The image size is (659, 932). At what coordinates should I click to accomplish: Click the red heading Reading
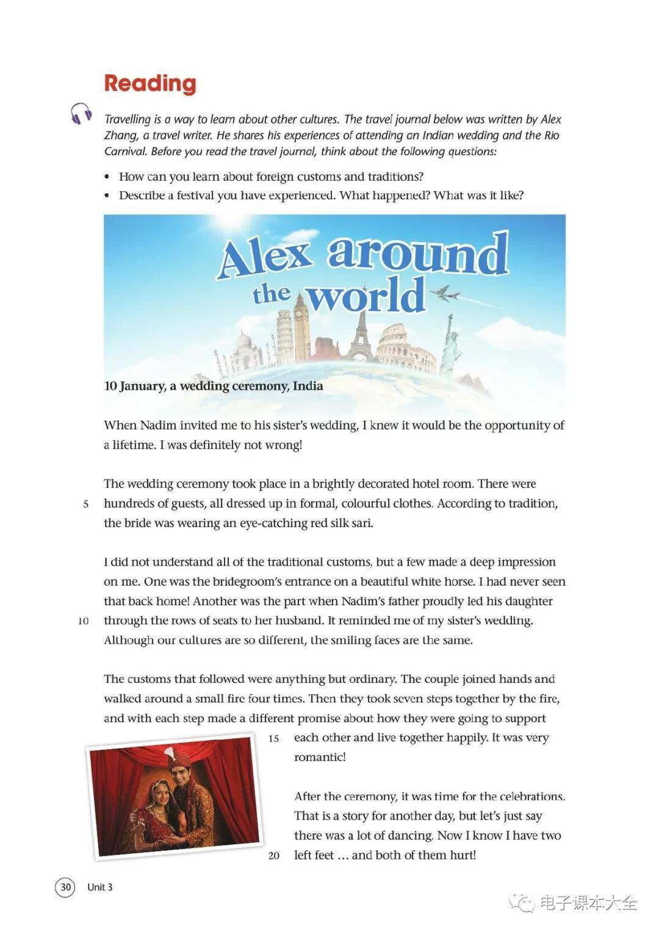pyautogui.click(x=150, y=84)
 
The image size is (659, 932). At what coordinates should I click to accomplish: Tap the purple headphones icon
pyautogui.click(x=81, y=114)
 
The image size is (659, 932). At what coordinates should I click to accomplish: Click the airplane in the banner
pyautogui.click(x=446, y=294)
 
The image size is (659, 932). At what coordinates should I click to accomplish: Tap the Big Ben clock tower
pyautogui.click(x=301, y=327)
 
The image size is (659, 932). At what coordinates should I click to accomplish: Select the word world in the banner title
pyautogui.click(x=366, y=296)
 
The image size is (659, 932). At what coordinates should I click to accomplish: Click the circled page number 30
pyautogui.click(x=65, y=887)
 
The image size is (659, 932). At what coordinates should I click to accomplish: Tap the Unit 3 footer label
pyautogui.click(x=100, y=887)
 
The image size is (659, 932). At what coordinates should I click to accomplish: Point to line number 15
pyautogui.click(x=274, y=738)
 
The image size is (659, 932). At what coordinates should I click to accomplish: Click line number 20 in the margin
pyautogui.click(x=274, y=856)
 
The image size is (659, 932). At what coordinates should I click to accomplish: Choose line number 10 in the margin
pyautogui.click(x=84, y=621)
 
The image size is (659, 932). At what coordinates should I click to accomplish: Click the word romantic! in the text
pyautogui.click(x=320, y=757)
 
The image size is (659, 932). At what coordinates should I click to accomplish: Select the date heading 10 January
pyautogui.click(x=135, y=386)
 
